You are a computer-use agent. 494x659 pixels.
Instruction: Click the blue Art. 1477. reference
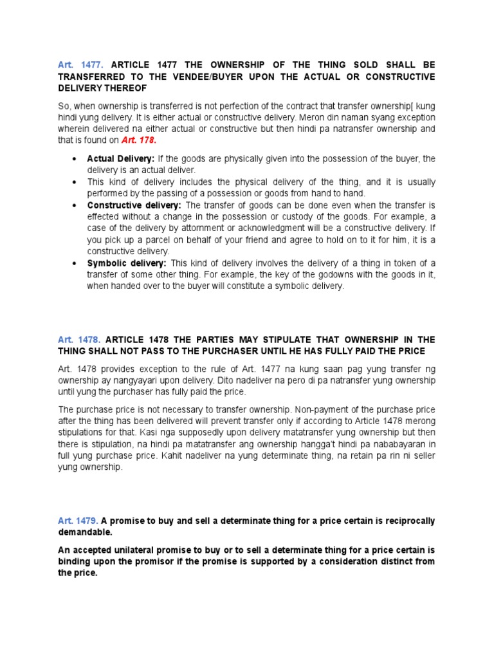point(76,65)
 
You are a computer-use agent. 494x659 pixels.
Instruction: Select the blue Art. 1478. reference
point(76,339)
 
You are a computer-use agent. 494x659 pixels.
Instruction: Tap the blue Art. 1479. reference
point(76,521)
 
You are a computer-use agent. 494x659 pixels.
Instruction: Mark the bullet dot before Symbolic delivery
point(75,263)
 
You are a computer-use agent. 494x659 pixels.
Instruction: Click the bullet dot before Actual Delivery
point(75,158)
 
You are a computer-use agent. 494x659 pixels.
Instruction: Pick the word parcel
point(154,240)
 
